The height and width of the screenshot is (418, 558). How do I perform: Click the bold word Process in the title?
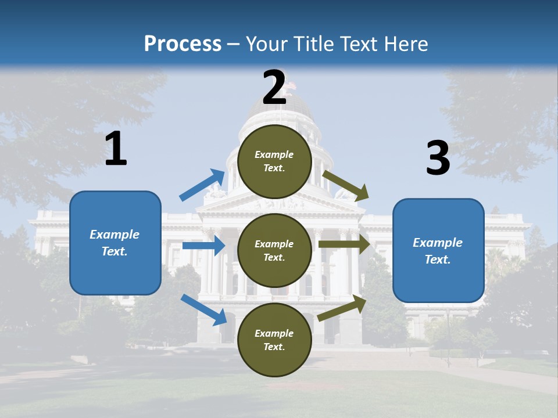(183, 44)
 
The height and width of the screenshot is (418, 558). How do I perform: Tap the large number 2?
(274, 88)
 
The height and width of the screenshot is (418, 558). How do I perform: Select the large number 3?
(438, 158)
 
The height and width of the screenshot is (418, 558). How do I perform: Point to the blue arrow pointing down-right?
(203, 309)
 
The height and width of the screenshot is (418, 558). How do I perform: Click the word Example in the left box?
(115, 235)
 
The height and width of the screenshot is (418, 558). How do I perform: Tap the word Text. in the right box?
(438, 260)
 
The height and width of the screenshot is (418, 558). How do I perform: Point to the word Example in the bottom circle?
(274, 333)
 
